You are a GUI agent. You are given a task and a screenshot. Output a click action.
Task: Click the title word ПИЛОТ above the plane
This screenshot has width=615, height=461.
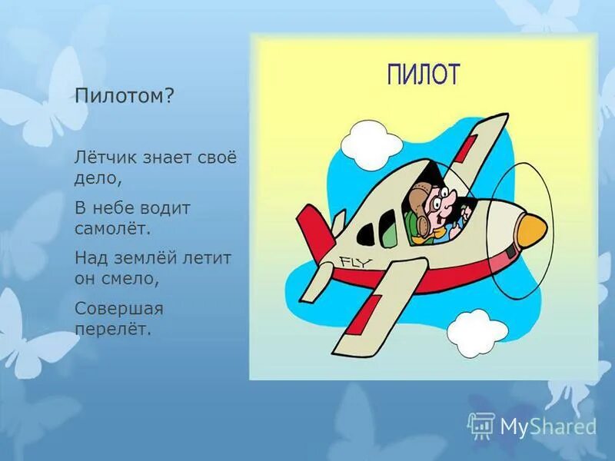point(423,75)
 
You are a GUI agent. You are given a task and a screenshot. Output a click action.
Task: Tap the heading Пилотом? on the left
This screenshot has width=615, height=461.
point(124,98)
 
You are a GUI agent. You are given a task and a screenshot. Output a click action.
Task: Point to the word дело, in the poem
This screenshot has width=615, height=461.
point(98,178)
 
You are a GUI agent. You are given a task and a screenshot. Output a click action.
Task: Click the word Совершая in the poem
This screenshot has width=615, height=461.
point(119,308)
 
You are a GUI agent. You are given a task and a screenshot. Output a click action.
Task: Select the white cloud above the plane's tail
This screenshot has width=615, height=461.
point(364,141)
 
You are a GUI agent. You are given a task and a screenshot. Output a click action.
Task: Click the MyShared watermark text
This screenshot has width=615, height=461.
point(547,426)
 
